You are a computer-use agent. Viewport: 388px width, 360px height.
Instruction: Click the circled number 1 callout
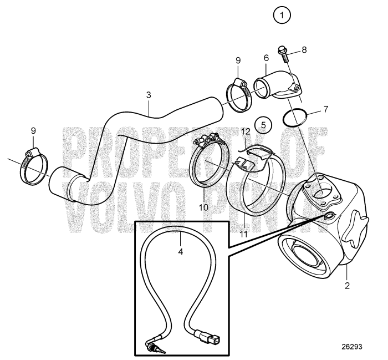click(283, 16)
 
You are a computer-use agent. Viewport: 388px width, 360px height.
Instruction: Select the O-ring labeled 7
click(293, 118)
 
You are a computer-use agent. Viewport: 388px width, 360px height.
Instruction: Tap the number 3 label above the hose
click(149, 95)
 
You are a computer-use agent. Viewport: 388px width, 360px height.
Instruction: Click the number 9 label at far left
click(33, 130)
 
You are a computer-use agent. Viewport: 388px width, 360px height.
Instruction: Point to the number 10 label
click(202, 206)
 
